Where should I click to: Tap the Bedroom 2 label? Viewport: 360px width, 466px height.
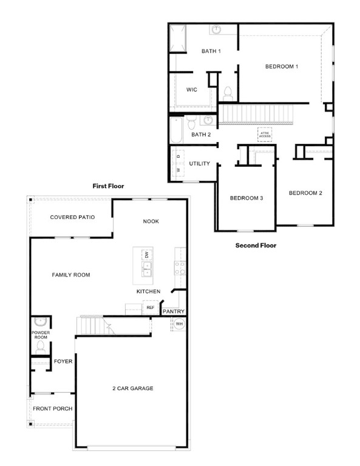[x=305, y=193]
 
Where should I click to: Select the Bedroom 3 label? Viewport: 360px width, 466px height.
[x=246, y=198]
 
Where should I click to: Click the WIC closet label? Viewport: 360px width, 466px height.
[x=191, y=90]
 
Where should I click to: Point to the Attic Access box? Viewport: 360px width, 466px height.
[x=265, y=135]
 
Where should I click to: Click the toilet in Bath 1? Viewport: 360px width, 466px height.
[x=228, y=93]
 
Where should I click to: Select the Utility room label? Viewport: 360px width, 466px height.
[x=199, y=164]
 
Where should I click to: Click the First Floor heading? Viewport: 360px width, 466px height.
[x=108, y=186]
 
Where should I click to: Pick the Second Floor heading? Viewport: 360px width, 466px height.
[x=256, y=246]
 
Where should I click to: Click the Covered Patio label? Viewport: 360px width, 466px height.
[x=72, y=217]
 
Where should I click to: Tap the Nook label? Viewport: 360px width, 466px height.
[x=151, y=221]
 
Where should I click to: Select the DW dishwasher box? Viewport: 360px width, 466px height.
[x=146, y=255]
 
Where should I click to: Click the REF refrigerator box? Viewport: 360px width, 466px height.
[x=150, y=308]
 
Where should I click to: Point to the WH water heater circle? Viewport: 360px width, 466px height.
[x=179, y=324]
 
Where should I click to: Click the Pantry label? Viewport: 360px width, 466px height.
[x=173, y=311]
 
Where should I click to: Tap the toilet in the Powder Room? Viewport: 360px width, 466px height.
[x=41, y=347]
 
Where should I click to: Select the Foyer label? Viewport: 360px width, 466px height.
[x=63, y=362]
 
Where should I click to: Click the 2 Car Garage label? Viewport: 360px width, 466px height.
[x=132, y=388]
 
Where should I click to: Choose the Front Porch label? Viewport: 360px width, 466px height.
[x=52, y=408]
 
